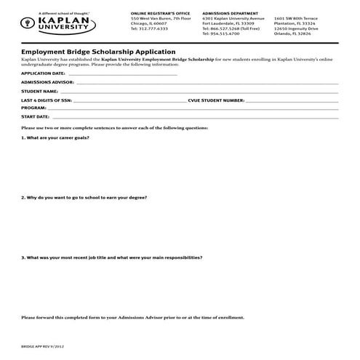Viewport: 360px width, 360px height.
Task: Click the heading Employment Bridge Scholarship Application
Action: coord(98,52)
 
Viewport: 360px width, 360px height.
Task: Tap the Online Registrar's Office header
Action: coord(156,14)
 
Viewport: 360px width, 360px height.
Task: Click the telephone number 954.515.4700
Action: coord(225,33)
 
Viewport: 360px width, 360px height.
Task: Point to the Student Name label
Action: coord(39,92)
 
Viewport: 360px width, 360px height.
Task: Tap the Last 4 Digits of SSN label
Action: coord(47,100)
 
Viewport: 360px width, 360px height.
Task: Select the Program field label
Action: coord(33,108)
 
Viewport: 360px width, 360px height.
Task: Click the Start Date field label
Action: coord(35,116)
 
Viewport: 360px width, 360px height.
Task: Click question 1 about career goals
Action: coord(55,137)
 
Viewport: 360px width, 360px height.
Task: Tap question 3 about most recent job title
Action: coord(111,257)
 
